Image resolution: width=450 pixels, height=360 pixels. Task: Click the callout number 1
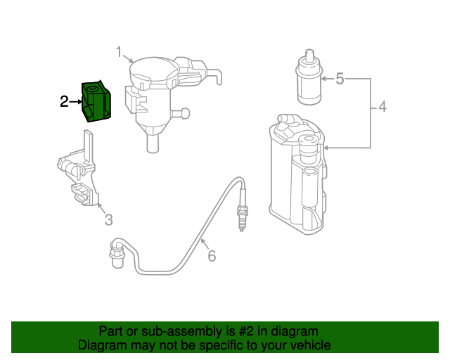tap(120, 51)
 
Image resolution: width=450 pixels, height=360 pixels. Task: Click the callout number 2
tap(64, 102)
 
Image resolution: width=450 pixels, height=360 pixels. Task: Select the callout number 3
tap(108, 221)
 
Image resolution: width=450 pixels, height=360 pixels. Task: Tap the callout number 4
tap(382, 108)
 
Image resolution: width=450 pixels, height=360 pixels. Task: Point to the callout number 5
tap(340, 78)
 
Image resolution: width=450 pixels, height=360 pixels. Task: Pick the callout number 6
tap(212, 256)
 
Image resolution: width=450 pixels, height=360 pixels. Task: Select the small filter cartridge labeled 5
tap(307, 82)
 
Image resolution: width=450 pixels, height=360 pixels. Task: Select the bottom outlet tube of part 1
tap(151, 143)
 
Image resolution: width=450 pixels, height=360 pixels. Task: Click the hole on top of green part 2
tap(92, 89)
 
